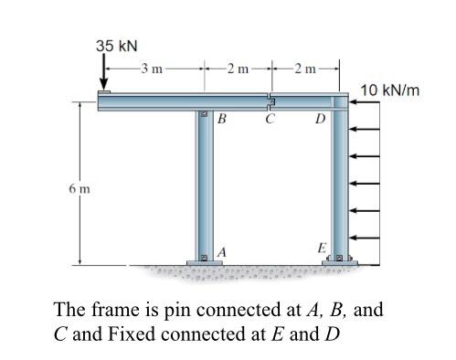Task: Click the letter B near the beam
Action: coord(222,120)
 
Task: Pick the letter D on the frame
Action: coord(319,120)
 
